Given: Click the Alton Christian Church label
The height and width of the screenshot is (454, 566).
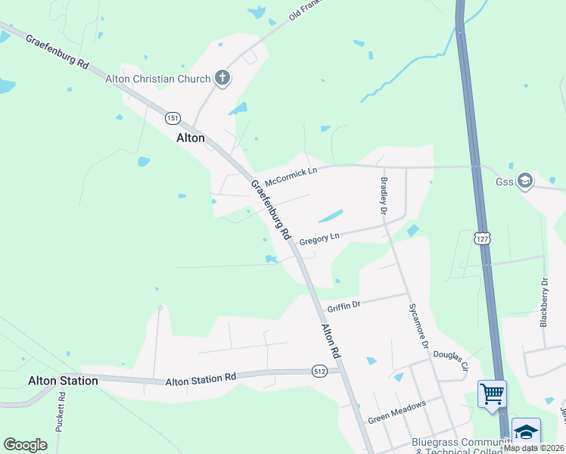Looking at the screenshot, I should click(161, 79).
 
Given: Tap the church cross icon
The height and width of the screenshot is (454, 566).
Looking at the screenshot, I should click(222, 77).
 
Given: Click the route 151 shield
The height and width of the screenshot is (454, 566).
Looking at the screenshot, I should click(173, 118).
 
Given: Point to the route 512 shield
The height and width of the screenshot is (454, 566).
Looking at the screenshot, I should click(319, 372).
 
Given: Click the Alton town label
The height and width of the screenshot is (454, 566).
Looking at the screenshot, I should click(191, 138).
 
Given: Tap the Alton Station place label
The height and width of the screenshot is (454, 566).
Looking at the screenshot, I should click(63, 381).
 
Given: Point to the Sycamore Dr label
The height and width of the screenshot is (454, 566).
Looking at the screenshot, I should click(418, 325).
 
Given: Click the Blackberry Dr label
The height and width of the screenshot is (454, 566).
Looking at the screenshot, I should click(544, 302).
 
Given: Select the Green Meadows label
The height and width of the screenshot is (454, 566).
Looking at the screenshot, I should click(397, 412).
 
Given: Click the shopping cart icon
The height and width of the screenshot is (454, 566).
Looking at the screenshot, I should click(492, 393).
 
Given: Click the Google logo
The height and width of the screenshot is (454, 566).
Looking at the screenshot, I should click(25, 444).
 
